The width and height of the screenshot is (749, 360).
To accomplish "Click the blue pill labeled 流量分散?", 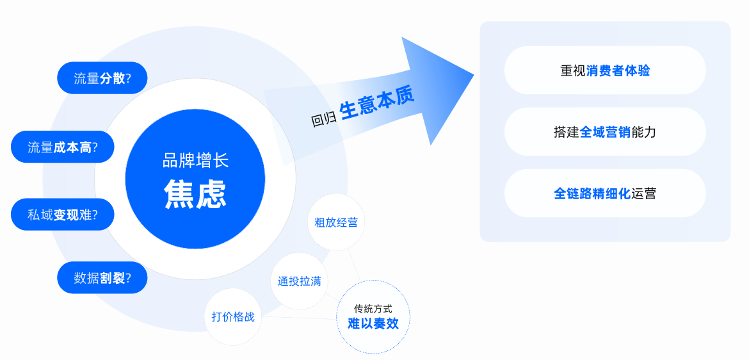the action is pyautogui.click(x=102, y=78).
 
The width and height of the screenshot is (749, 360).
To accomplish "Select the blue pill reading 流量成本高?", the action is pyautogui.click(x=62, y=147).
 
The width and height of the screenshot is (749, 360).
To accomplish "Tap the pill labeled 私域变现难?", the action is pyautogui.click(x=62, y=215).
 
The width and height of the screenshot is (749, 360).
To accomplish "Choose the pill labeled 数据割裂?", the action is pyautogui.click(x=102, y=278).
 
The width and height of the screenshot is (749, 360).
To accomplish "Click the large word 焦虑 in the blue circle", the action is pyautogui.click(x=195, y=193).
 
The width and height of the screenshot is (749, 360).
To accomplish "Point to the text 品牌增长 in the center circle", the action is pyautogui.click(x=195, y=160).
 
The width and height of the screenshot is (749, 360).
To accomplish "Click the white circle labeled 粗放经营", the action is pyautogui.click(x=336, y=222).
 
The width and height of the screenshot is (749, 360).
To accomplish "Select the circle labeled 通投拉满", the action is pyautogui.click(x=299, y=281).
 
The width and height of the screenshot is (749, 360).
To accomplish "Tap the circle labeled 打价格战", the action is pyautogui.click(x=233, y=316).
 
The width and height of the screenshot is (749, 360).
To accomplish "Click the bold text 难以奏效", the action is pyautogui.click(x=373, y=323).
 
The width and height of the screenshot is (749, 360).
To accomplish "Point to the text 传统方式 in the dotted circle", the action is pyautogui.click(x=373, y=309).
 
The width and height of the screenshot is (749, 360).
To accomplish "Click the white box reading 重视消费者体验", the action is pyautogui.click(x=605, y=70).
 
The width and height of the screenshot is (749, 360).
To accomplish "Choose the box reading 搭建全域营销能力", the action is pyautogui.click(x=605, y=132).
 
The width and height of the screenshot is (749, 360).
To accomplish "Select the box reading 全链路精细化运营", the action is pyautogui.click(x=605, y=193).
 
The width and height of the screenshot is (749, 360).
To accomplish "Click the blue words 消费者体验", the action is pyautogui.click(x=618, y=70).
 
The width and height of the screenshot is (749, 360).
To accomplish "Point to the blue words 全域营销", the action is pyautogui.click(x=605, y=132).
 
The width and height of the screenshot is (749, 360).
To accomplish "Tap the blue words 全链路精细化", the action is pyautogui.click(x=592, y=193).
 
